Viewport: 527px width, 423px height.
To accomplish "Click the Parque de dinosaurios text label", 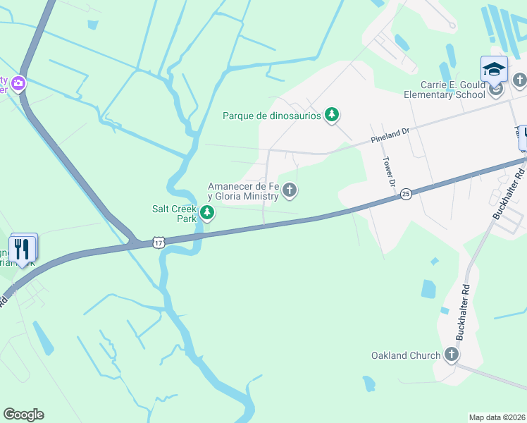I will pos(271,116).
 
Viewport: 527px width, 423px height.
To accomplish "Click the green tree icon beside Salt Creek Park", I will pos(206,212).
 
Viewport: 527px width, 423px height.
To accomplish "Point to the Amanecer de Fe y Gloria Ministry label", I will pos(242,191).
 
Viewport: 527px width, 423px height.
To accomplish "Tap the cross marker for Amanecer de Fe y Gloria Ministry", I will pos(290,190).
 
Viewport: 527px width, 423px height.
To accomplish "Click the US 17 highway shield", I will pos(159,243).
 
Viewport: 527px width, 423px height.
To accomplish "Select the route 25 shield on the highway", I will pos(406,193).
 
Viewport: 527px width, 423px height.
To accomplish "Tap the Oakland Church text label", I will pos(406,355).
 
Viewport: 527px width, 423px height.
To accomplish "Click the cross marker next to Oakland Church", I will pos(451,355).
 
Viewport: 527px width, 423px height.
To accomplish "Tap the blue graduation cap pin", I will pos(494,70).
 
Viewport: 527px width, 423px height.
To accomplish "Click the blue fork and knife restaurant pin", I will pos(23,249).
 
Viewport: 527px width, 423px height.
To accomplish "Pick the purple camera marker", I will pos(18,84).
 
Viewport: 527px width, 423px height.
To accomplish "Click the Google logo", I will pos(23,415).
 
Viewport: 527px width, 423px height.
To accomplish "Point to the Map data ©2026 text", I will pos(497,417).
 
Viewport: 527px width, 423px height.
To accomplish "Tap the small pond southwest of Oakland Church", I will pos(368,384).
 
